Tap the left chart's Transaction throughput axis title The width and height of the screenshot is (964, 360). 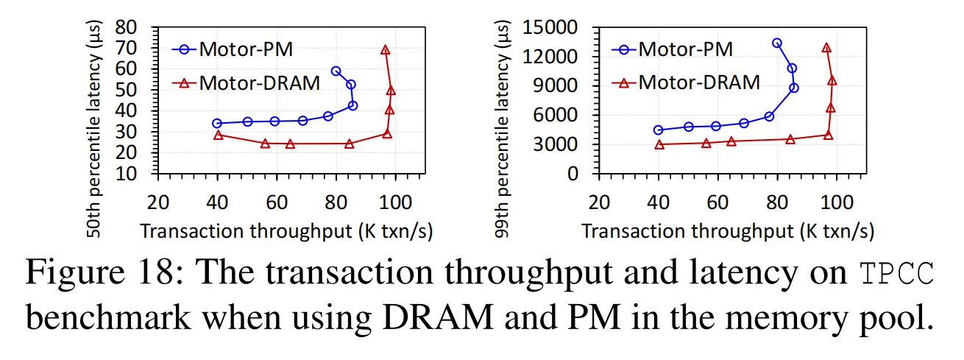point(286,231)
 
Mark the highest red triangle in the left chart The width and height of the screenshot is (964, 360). point(385,50)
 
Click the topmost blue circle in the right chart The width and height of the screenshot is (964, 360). point(777,43)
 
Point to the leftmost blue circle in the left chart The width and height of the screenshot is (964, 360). point(217,124)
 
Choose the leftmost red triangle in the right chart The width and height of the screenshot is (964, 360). point(659,144)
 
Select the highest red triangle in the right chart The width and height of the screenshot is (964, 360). point(826,48)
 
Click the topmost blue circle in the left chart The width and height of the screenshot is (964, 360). point(336,71)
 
